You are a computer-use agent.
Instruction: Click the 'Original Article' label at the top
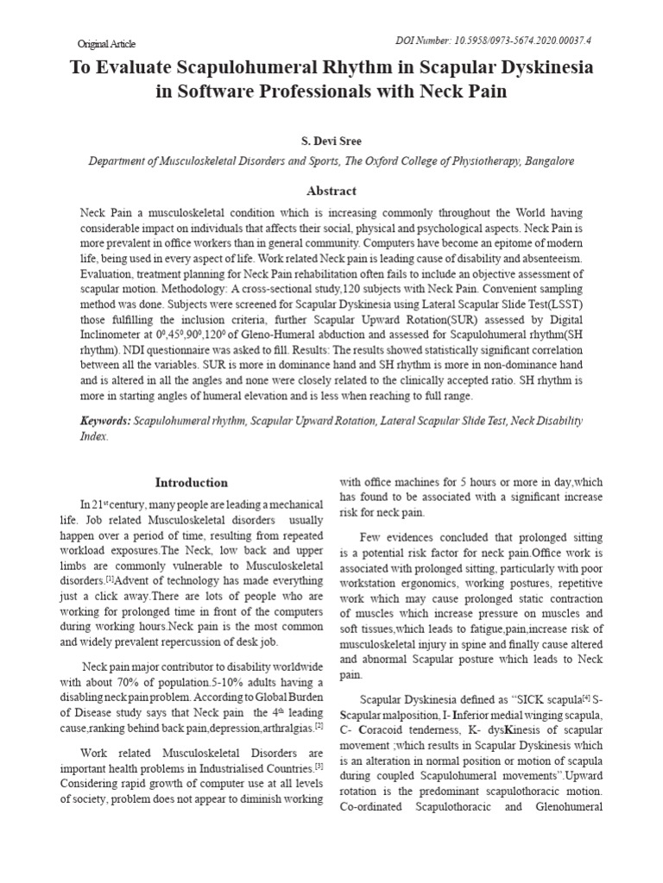pos(106,43)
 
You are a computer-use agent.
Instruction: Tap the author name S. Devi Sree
pos(331,140)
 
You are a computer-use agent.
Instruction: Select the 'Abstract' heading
pos(331,191)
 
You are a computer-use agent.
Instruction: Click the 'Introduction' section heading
pos(191,482)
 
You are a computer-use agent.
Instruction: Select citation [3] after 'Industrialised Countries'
pos(319,763)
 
